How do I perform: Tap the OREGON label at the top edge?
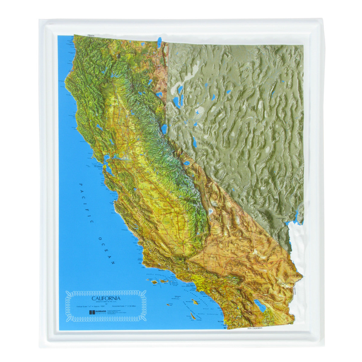click(91, 35)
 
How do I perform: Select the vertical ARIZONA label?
click(294, 291)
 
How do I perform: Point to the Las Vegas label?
click(281, 217)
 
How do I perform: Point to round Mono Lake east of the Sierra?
click(187, 163)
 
